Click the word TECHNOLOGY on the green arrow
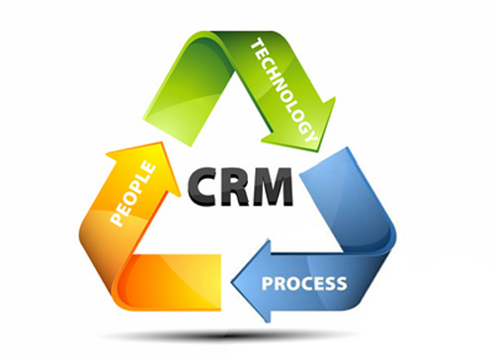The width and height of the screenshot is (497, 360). [x=284, y=90]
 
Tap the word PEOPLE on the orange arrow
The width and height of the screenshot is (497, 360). [x=132, y=194]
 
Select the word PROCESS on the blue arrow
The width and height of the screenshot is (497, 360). [x=304, y=284]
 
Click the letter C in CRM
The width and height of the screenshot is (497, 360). [x=202, y=186]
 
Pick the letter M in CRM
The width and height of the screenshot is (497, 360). [x=273, y=187]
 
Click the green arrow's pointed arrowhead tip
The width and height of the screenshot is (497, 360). [x=318, y=151]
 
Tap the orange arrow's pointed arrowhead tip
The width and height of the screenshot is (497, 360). [x=162, y=142]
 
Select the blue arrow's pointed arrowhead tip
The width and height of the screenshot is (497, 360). [x=231, y=283]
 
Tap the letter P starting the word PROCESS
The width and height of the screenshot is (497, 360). [x=267, y=284]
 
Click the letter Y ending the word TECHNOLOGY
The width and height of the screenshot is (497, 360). [x=309, y=135]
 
